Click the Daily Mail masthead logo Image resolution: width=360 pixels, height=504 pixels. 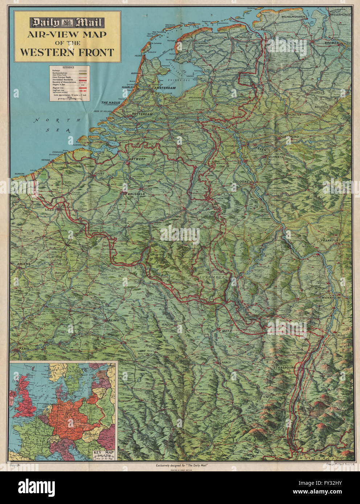[x=67, y=23]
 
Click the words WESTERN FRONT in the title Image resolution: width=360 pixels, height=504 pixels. [x=67, y=52]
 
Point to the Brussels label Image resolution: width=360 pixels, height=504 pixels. [x=136, y=194]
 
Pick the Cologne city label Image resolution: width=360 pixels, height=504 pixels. [x=241, y=182]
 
